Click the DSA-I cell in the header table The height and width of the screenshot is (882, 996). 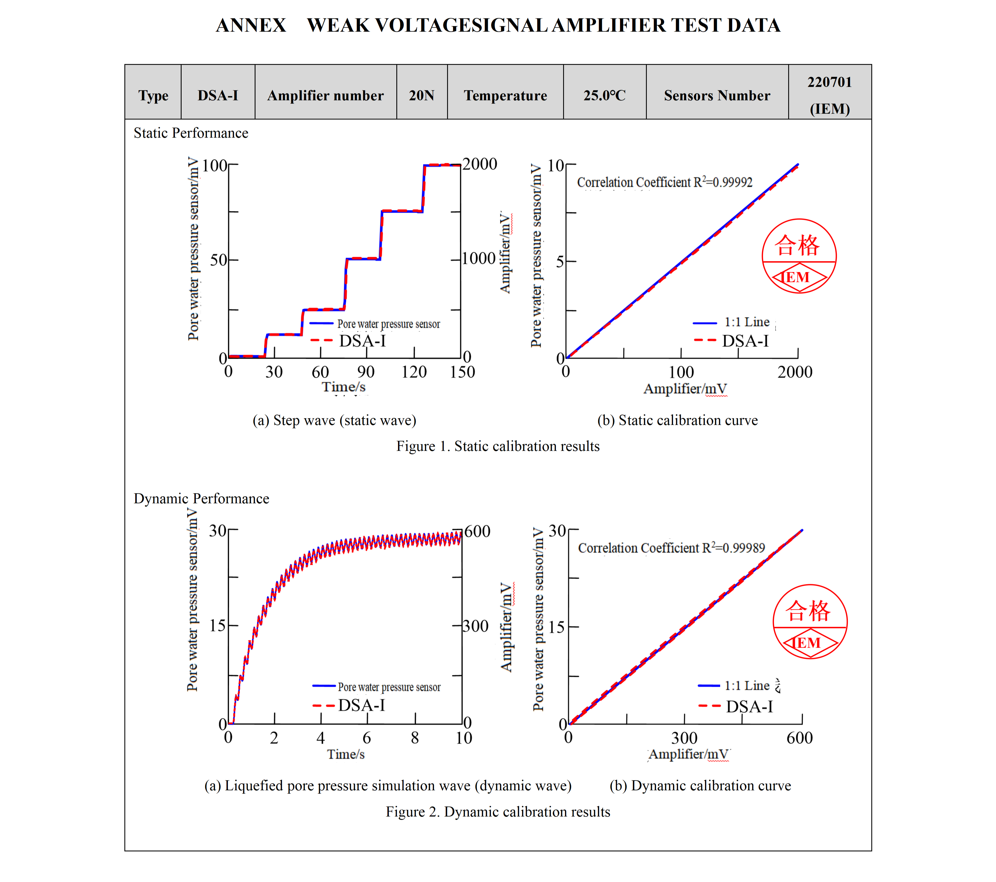coord(218,95)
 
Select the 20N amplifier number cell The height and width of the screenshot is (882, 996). coord(421,95)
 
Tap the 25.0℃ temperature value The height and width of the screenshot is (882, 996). coord(604,95)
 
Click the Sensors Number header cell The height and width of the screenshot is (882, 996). coord(717,95)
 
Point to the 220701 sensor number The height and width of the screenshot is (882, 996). coord(829,82)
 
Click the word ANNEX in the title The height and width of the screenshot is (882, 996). coord(251,25)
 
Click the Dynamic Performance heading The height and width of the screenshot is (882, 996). coord(201,498)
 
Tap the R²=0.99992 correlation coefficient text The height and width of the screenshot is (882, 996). coord(665,182)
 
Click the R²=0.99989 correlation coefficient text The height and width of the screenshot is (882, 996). coord(671,548)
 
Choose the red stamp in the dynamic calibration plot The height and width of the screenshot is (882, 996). coord(810,622)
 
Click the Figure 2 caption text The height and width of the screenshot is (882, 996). coord(498,812)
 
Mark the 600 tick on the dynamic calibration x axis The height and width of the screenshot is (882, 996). coord(799,738)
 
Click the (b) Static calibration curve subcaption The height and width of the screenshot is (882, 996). coord(677,420)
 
